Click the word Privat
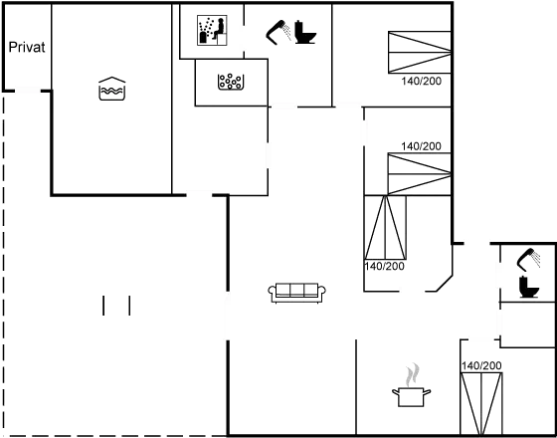(27, 48)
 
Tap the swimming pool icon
(110, 88)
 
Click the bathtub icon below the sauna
(231, 80)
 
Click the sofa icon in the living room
(297, 291)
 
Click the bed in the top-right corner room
(418, 53)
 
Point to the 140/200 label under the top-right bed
(422, 82)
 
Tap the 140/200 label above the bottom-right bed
(482, 366)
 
